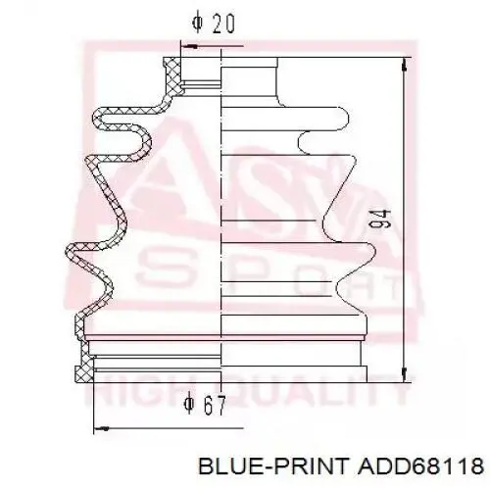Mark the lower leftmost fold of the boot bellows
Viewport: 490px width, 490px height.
(x=70, y=253)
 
